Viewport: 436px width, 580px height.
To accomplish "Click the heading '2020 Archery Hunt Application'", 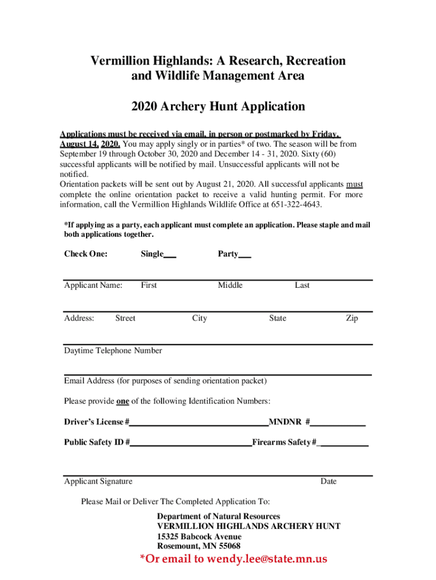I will [x=218, y=106].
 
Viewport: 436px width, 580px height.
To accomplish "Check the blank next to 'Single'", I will [x=170, y=255].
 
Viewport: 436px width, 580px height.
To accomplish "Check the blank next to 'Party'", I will [x=245, y=255].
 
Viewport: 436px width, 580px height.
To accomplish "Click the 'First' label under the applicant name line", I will [x=149, y=285].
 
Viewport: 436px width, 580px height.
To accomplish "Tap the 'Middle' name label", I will [x=230, y=285].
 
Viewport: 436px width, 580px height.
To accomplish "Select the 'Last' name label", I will [x=302, y=285].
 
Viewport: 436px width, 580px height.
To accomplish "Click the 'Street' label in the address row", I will [x=125, y=318].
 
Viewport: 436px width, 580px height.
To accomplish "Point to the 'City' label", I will [x=199, y=318].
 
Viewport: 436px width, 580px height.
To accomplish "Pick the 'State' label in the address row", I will [x=277, y=318].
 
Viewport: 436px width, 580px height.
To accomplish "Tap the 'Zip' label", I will [x=352, y=318].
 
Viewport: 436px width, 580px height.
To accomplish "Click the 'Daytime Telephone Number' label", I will [x=113, y=351].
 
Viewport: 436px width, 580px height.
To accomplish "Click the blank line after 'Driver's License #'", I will [x=199, y=423].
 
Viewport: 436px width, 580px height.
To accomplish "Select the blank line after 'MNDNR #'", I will [x=338, y=423].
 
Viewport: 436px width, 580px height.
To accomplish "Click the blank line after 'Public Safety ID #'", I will [x=191, y=443].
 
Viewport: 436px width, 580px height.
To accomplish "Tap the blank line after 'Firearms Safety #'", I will [x=344, y=443].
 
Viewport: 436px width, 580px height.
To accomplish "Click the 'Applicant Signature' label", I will [x=98, y=481].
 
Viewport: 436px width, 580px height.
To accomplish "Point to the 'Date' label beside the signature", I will [x=328, y=481].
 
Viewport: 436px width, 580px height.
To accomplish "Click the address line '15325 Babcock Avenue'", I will [x=199, y=536].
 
